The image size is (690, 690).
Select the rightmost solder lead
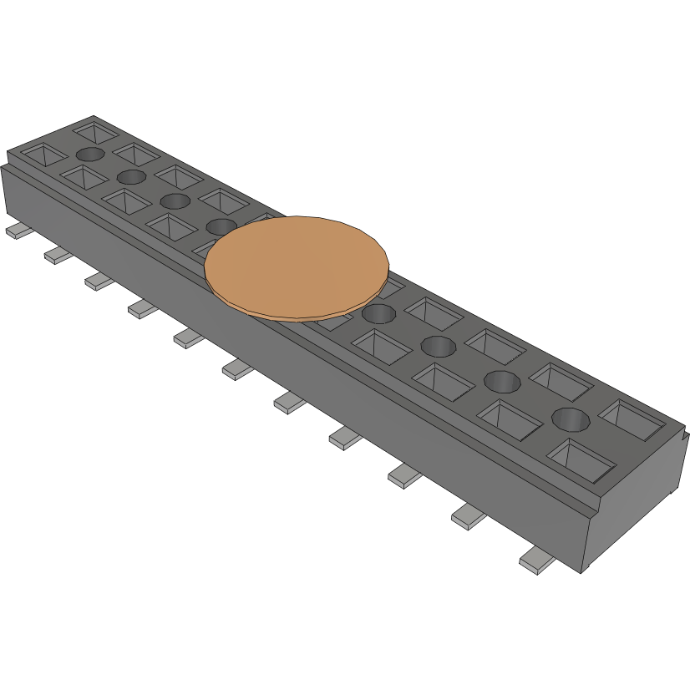[535, 563]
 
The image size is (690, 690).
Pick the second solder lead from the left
[58, 256]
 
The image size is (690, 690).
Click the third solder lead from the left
[99, 282]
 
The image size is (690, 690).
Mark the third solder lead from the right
[405, 477]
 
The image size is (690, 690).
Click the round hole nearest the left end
[90, 155]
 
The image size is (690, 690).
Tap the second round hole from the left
[132, 176]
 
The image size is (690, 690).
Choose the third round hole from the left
[175, 200]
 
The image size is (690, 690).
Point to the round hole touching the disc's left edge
[221, 226]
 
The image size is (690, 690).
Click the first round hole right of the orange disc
[378, 314]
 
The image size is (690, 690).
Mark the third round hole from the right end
[438, 345]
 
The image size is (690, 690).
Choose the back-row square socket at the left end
[97, 131]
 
